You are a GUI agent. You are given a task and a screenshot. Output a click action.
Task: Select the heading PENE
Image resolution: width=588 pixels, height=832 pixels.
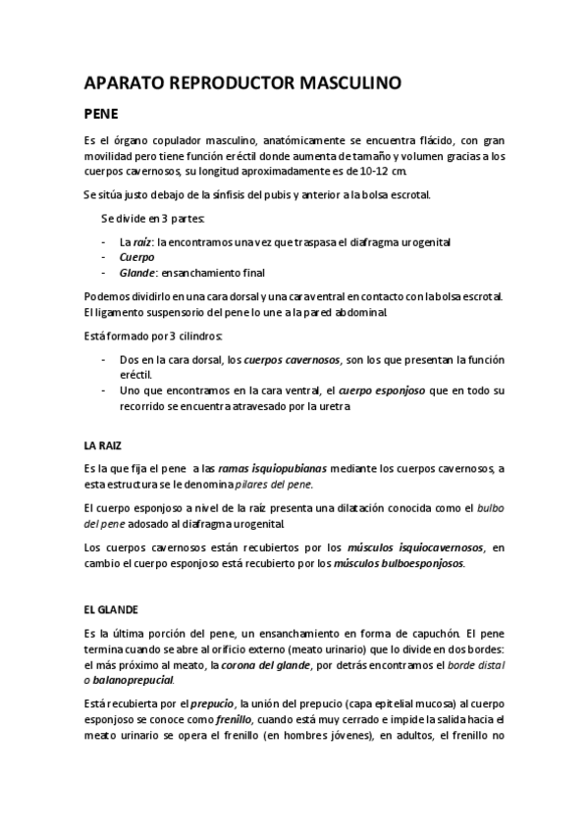click(x=101, y=113)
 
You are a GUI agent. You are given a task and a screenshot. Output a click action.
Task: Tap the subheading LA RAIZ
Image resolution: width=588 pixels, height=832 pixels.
click(x=105, y=444)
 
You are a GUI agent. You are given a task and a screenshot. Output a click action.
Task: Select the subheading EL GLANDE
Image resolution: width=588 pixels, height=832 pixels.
click(x=111, y=607)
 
